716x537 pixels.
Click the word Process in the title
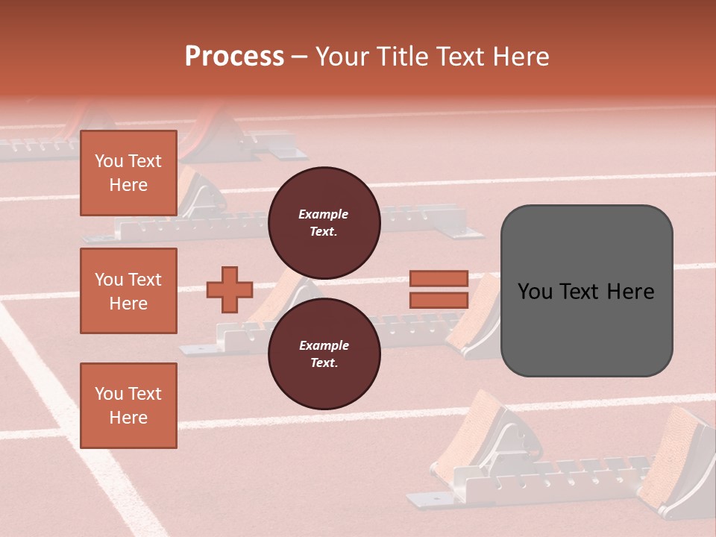coord(234,56)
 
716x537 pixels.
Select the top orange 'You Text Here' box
coord(128,173)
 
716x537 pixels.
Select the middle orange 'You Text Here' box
coord(128,291)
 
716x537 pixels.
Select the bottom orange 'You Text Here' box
coord(128,406)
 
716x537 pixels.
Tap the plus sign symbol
coord(230,289)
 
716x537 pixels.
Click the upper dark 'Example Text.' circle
coord(324,223)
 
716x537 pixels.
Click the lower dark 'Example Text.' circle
coord(324,354)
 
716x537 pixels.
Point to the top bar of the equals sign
coord(439,279)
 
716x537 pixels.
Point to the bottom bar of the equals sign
coord(439,300)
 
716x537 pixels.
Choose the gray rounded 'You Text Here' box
coord(586,291)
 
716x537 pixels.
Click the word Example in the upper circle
coord(323,214)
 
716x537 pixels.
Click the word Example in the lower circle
coord(324,345)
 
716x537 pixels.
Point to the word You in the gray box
coord(536,292)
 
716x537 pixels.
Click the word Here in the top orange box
coord(128,185)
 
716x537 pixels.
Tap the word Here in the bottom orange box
coord(128,418)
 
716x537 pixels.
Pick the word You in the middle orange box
coord(108,280)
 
